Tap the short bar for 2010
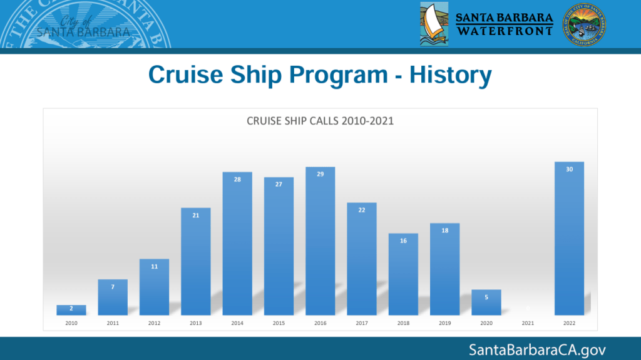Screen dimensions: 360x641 (71, 310)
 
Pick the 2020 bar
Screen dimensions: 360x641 (486, 302)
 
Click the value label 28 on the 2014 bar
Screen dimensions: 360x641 (237, 180)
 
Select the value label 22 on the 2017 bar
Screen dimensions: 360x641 (362, 210)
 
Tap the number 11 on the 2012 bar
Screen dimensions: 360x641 (154, 267)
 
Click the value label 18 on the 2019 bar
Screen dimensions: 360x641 (445, 231)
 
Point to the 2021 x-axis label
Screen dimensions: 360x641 (528, 323)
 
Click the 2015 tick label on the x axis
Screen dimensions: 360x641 (279, 323)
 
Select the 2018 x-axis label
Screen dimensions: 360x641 (403, 323)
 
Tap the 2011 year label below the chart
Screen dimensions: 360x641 (113, 323)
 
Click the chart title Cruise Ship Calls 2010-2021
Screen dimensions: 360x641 (320, 121)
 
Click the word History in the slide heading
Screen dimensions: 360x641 (450, 76)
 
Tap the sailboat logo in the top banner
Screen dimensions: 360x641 (434, 23)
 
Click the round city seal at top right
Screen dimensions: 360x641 (584, 23)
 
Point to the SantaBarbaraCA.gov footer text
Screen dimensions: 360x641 (537, 349)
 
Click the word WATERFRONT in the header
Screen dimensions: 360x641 (505, 30)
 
